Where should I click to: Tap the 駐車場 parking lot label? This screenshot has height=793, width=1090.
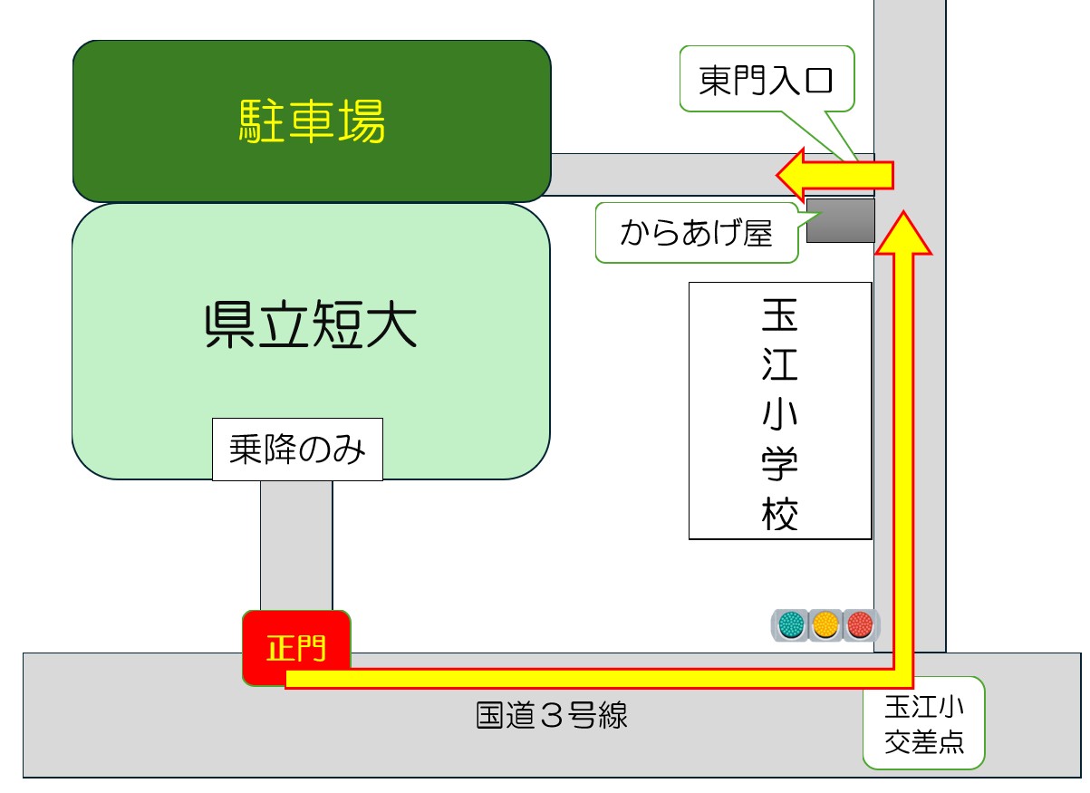point(312,121)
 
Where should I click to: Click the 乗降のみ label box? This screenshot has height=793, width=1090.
point(297,449)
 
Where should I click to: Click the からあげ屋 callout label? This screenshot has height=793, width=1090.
point(696,234)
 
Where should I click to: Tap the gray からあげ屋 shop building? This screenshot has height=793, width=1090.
point(840,220)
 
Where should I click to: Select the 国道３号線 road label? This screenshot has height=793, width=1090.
point(552,717)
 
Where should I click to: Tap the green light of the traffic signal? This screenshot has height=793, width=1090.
point(791,624)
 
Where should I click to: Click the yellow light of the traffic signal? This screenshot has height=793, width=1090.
point(825,624)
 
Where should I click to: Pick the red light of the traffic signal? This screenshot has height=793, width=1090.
point(858,624)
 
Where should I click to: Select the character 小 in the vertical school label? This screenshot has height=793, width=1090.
point(780,417)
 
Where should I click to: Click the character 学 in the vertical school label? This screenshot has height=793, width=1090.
point(780,466)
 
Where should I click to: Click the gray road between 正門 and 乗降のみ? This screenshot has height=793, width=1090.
point(296,544)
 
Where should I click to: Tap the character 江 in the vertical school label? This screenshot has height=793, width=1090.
point(780,368)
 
